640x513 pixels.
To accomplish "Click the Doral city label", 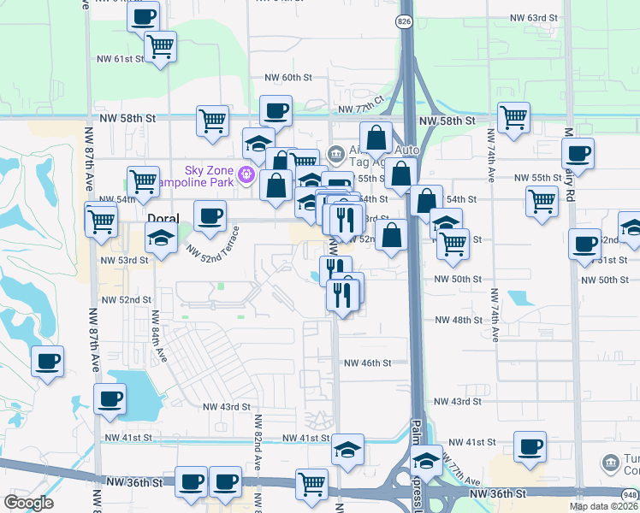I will [163, 219].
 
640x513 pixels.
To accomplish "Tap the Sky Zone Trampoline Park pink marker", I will [247, 175].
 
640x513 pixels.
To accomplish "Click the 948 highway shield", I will [631, 493].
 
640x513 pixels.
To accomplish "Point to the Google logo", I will [28, 503].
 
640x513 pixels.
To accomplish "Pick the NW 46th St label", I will [367, 363].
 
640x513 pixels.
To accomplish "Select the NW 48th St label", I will [459, 320].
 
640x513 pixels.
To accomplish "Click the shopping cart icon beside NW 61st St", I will [159, 46].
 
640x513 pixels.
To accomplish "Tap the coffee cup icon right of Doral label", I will [210, 215].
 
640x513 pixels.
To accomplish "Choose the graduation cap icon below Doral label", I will [160, 239].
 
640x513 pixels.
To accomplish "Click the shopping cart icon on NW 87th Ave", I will [101, 220].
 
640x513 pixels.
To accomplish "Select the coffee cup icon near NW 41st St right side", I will [530, 446].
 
